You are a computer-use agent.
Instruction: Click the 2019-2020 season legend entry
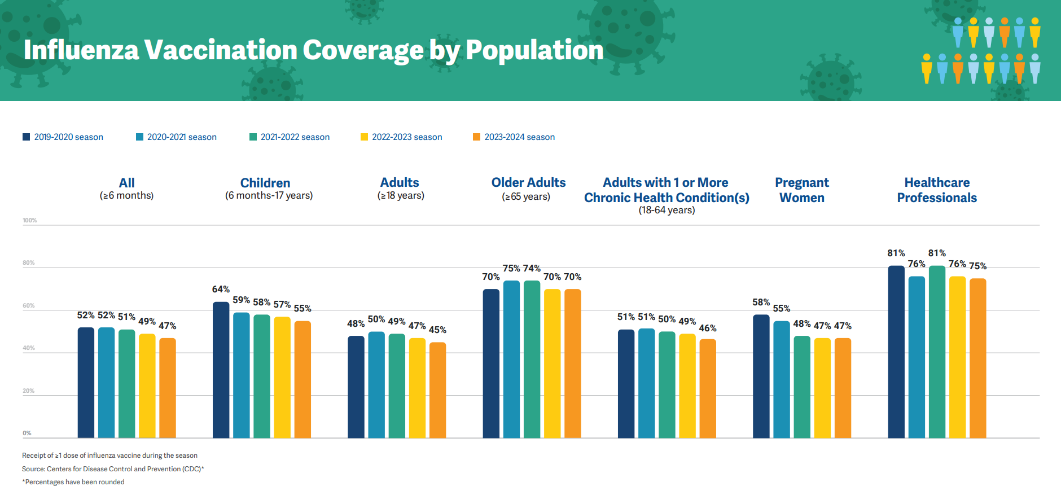coord(63,137)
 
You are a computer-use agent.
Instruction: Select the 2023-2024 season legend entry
coord(514,137)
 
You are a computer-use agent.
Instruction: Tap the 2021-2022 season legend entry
coord(289,137)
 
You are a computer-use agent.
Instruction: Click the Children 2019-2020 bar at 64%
coord(221,370)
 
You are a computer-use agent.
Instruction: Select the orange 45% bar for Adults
coord(437,389)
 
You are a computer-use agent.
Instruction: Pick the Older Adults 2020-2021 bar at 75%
coord(511,358)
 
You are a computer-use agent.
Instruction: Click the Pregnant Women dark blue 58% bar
coord(761,375)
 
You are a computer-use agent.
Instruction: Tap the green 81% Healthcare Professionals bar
coord(937,351)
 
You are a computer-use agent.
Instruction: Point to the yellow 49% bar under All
coord(147,385)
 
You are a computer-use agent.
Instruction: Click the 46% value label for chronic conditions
coord(708,328)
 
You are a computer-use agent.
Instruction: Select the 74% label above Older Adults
coord(532,269)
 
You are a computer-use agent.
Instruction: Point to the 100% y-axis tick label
coord(29,221)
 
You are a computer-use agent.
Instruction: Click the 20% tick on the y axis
coord(28,391)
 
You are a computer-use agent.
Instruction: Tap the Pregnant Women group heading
coord(801,190)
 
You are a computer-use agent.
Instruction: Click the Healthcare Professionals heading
coord(937,190)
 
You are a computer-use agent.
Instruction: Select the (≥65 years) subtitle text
coord(526,197)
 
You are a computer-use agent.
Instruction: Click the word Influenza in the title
coord(81,50)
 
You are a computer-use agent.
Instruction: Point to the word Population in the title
coord(534,50)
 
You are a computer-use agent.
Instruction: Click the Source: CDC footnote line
coord(113,469)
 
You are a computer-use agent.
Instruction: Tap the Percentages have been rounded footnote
coord(73,482)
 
